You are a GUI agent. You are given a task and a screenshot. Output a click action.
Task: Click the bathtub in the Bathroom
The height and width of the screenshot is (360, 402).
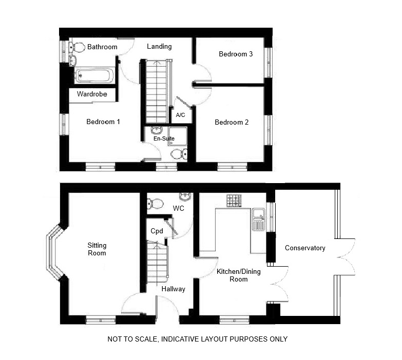[94, 75]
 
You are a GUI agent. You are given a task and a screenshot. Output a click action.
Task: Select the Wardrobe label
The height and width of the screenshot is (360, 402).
[92, 94]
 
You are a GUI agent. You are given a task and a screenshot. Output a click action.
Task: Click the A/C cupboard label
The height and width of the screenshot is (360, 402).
[181, 115]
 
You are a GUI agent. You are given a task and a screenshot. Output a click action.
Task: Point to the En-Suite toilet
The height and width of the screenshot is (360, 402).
[179, 154]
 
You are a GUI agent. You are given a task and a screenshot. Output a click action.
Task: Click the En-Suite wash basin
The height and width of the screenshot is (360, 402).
[156, 131]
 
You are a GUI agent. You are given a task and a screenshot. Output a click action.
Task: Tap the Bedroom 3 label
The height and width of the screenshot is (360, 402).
[236, 54]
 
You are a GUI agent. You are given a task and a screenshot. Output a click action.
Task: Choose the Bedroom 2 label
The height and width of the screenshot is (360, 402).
[232, 122]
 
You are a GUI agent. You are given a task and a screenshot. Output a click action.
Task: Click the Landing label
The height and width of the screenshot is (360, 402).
[159, 47]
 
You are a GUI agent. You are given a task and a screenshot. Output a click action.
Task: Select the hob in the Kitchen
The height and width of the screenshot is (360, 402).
[234, 201]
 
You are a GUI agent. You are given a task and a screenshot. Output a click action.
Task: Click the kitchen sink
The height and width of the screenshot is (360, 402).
[258, 219]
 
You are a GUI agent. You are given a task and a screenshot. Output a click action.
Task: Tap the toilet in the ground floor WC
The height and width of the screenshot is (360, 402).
[155, 204]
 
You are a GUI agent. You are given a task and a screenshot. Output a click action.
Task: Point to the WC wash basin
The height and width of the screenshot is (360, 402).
[185, 196]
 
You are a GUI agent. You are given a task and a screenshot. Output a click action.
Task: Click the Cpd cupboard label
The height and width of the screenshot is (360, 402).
[157, 231]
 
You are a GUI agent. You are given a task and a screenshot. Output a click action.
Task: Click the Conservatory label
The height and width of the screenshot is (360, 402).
[305, 248]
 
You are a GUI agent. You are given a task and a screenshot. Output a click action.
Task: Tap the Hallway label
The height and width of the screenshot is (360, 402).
[174, 289]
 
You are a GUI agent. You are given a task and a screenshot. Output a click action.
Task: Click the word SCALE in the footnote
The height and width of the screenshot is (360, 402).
[145, 339]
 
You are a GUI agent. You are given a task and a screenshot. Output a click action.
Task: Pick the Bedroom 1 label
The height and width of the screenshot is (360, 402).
[103, 122]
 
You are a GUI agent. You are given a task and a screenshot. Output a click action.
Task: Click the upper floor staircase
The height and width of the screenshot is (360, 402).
[156, 91]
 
